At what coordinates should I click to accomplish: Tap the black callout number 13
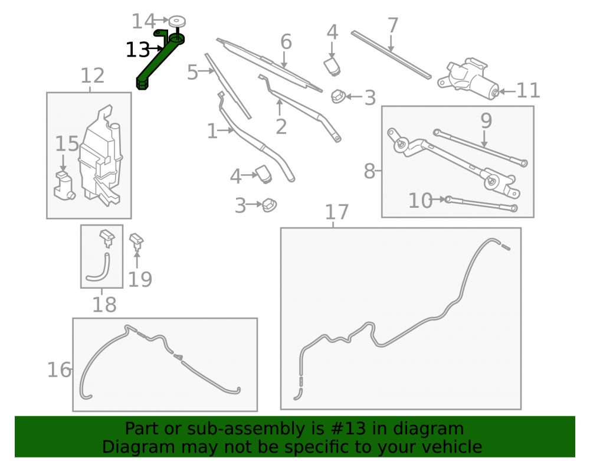pyautogui.click(x=137, y=50)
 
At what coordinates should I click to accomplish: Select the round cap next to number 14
pyautogui.click(x=176, y=21)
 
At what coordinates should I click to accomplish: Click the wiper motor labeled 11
pyautogui.click(x=468, y=79)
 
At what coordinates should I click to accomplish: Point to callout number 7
pyautogui.click(x=392, y=25)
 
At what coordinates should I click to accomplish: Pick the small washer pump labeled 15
pyautogui.click(x=64, y=186)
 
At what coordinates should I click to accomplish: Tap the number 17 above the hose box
pyautogui.click(x=337, y=212)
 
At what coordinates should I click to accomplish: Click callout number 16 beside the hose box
pyautogui.click(x=58, y=370)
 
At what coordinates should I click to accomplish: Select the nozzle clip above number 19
pyautogui.click(x=136, y=241)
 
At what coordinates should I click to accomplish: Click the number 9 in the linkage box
pyautogui.click(x=486, y=121)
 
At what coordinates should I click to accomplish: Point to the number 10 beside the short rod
pyautogui.click(x=420, y=201)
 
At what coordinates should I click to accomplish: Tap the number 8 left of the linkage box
pyautogui.click(x=369, y=172)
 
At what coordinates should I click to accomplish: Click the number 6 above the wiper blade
pyautogui.click(x=286, y=41)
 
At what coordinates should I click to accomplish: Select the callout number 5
pyautogui.click(x=192, y=72)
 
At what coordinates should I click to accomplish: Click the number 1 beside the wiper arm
pyautogui.click(x=212, y=132)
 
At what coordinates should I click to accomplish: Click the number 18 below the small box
pyautogui.click(x=104, y=305)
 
